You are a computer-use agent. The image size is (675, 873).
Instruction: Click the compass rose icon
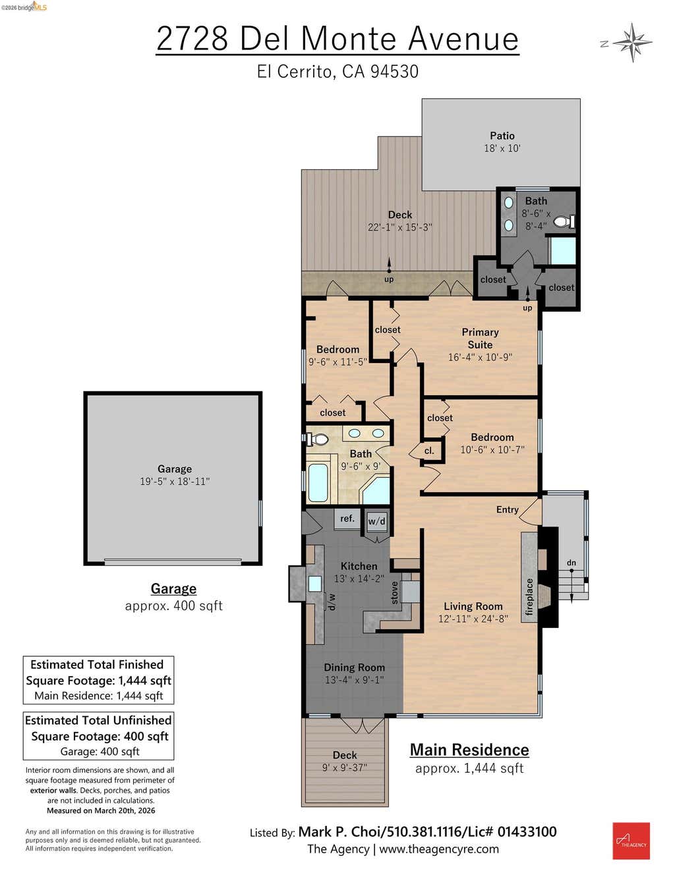pyautogui.click(x=632, y=43)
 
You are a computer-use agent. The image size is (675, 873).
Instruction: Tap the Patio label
pyautogui.click(x=502, y=135)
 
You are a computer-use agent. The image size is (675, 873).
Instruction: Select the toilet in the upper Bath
pyautogui.click(x=564, y=221)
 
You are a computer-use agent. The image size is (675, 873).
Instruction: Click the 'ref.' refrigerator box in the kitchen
pyautogui.click(x=347, y=519)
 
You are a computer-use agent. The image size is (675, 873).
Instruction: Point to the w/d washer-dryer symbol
pyautogui.click(x=377, y=522)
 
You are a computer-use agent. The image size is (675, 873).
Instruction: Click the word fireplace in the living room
pyautogui.click(x=529, y=596)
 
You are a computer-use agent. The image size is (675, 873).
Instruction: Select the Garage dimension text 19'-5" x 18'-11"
pyautogui.click(x=175, y=481)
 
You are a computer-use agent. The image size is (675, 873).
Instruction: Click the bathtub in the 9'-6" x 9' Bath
pyautogui.click(x=318, y=482)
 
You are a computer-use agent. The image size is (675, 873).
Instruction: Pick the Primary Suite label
pyautogui.click(x=480, y=338)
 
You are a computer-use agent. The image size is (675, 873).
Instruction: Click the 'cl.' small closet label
pyautogui.click(x=429, y=451)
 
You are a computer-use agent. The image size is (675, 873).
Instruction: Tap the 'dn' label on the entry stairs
pyautogui.click(x=572, y=563)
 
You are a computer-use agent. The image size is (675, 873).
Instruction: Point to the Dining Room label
pyautogui.click(x=355, y=667)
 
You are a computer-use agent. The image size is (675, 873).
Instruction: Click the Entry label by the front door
pyautogui.click(x=507, y=509)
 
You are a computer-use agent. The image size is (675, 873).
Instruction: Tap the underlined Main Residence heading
pyautogui.click(x=469, y=750)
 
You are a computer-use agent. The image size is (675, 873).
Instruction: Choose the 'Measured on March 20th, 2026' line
pyautogui.click(x=101, y=810)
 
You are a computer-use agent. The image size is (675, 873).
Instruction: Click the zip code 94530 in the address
pyautogui.click(x=394, y=72)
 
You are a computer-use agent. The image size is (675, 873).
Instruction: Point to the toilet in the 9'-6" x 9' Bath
pyautogui.click(x=318, y=439)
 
